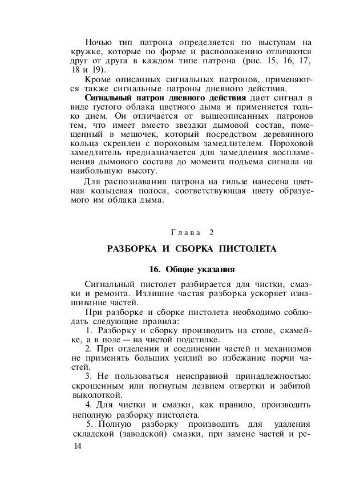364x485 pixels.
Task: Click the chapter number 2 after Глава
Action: coord(211,232)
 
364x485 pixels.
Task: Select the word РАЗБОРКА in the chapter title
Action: coord(132,249)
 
